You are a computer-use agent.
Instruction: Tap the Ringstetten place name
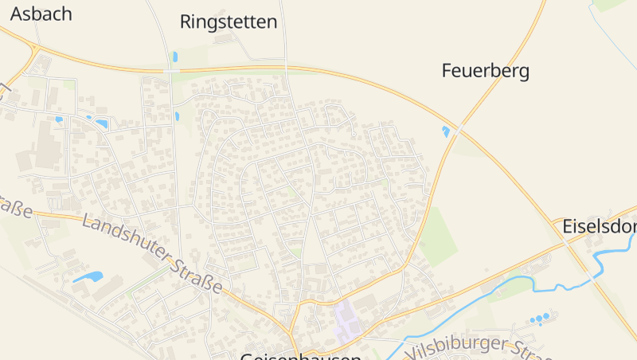coord(229,22)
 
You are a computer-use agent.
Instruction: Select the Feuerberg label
coord(485,71)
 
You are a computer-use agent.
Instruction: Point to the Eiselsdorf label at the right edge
coord(599,225)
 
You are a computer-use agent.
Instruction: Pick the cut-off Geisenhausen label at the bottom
coord(300,356)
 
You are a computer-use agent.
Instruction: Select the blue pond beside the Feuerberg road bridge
coord(446,131)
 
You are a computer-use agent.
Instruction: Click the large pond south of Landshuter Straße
coord(88,277)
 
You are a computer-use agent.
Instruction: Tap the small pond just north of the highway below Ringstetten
coord(174,57)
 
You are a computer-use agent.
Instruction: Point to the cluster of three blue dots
coord(541,319)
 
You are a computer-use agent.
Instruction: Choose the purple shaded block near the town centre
coord(347,320)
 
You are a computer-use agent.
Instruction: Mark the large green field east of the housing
coord(436,236)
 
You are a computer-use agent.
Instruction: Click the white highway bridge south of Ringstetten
coord(171,71)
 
